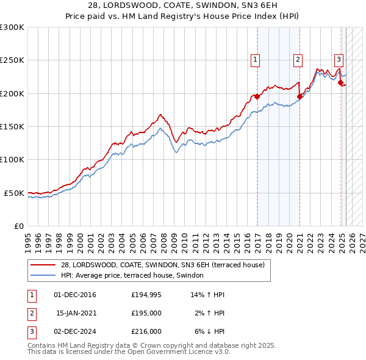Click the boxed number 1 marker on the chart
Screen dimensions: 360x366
point(254,60)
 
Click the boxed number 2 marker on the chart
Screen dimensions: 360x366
point(298,60)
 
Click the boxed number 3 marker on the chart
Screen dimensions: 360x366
point(339,60)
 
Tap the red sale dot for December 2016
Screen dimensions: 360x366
point(257,96)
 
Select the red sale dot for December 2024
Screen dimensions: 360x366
point(340,82)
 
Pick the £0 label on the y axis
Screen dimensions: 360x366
point(18,226)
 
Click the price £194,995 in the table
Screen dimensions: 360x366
point(146,295)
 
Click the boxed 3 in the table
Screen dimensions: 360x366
point(32,331)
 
